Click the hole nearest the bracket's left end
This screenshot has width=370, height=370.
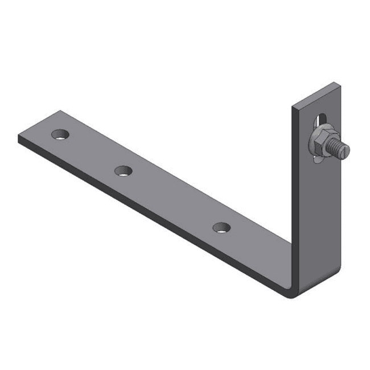[60, 135]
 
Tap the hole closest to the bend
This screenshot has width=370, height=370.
[222, 228]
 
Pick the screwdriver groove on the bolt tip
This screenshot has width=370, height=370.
[346, 149]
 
